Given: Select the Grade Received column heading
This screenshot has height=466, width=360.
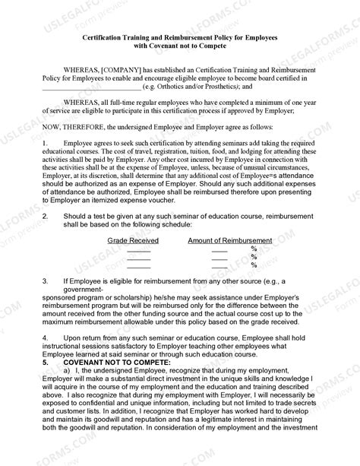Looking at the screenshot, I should pyautogui.click(x=133, y=240).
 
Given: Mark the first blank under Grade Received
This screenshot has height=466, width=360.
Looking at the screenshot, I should pyautogui.click(x=138, y=249).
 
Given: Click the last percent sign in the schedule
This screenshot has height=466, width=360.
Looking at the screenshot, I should pyautogui.click(x=254, y=265).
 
